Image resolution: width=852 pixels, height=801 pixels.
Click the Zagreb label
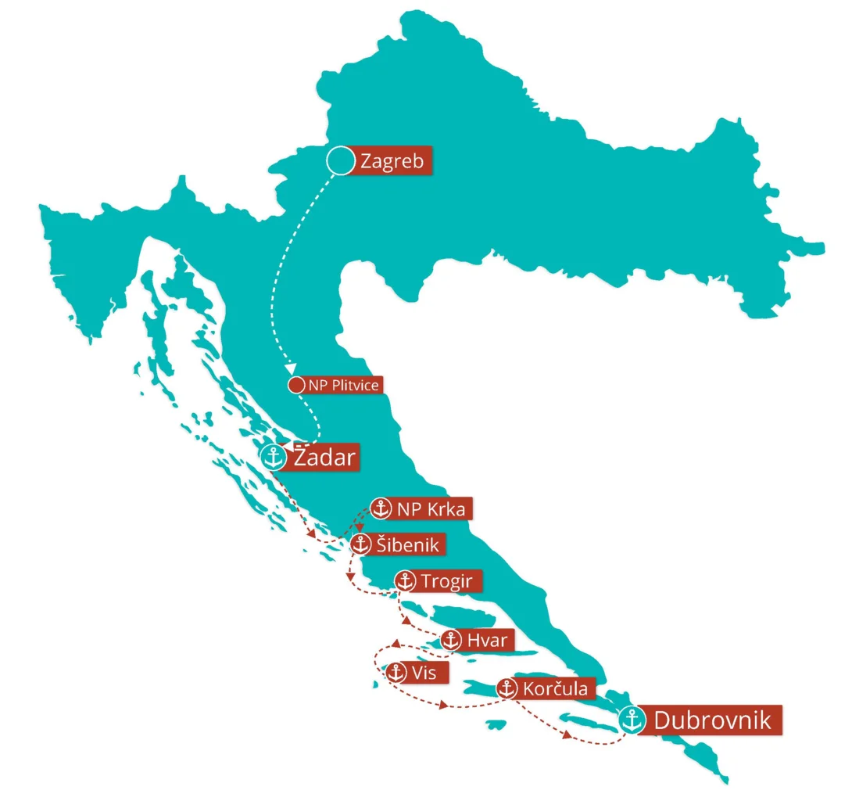click(x=392, y=162)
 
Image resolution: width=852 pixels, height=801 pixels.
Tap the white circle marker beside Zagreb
click(x=340, y=161)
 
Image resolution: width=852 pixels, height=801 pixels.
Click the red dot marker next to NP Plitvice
click(x=296, y=385)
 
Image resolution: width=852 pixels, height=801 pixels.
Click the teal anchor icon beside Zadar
click(x=274, y=457)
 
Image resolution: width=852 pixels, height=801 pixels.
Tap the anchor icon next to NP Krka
click(x=381, y=508)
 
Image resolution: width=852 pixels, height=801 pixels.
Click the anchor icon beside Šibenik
click(x=360, y=544)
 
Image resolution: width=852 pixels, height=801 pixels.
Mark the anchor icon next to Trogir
click(x=405, y=580)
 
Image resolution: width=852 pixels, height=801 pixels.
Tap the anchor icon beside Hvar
click(x=450, y=640)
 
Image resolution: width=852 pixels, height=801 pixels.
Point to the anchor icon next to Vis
click(x=397, y=672)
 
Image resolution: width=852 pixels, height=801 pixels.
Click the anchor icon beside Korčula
click(x=507, y=689)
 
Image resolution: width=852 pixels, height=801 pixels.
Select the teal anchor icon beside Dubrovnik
click(x=632, y=720)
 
